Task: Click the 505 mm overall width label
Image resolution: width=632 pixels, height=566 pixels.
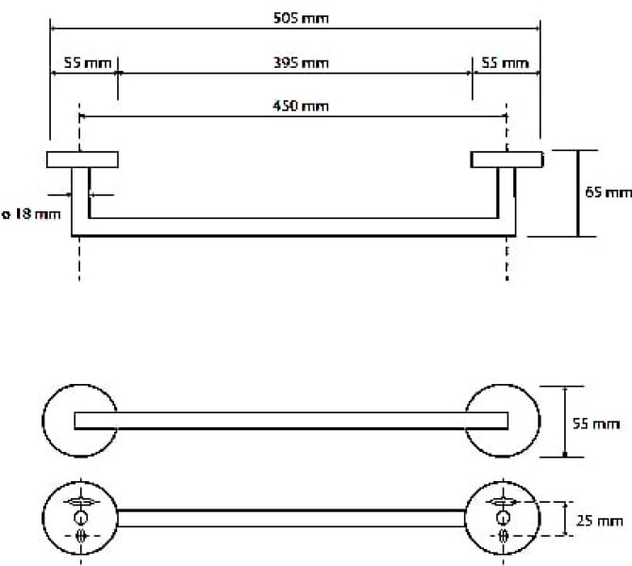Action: pyautogui.click(x=294, y=18)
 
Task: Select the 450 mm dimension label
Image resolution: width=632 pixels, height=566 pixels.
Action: pyautogui.click(x=293, y=105)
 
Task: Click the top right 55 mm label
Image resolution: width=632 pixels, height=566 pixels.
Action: pyautogui.click(x=503, y=63)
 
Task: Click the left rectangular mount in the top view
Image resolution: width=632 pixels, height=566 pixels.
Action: pyautogui.click(x=82, y=159)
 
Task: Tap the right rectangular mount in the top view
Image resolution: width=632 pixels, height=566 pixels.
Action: pyautogui.click(x=507, y=159)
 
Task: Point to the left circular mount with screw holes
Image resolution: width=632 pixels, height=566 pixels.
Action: pyautogui.click(x=79, y=518)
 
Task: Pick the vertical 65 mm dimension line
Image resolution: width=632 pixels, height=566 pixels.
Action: pyautogui.click(x=576, y=192)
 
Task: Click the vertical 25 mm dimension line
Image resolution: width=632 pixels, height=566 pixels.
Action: pyautogui.click(x=565, y=518)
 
